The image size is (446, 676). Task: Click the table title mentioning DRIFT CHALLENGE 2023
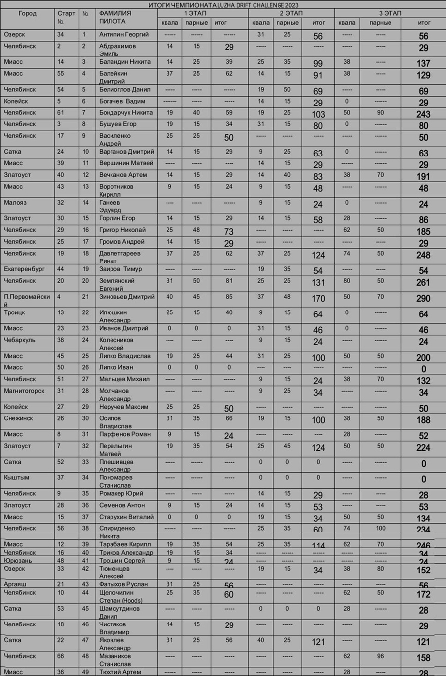(223, 5)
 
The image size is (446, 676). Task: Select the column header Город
(27, 13)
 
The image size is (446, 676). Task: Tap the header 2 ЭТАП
(291, 13)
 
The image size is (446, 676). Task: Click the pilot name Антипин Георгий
(123, 35)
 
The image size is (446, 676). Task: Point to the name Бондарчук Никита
(125, 113)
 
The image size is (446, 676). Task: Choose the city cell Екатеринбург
(24, 269)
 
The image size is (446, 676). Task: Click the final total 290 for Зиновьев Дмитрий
(423, 299)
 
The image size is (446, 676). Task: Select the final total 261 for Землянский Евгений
(423, 283)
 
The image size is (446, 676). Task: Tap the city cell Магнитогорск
(24, 391)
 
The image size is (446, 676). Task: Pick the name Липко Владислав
(124, 356)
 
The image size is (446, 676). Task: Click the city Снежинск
(18, 418)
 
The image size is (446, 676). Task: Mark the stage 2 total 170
(318, 299)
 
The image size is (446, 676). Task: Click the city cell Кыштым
(16, 478)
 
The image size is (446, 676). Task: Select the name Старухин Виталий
(126, 517)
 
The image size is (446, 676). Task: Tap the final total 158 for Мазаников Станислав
(423, 658)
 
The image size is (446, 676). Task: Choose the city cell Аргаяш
(15, 584)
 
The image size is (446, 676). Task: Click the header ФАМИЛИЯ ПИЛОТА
(115, 17)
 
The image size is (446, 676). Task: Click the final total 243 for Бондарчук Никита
(423, 114)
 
